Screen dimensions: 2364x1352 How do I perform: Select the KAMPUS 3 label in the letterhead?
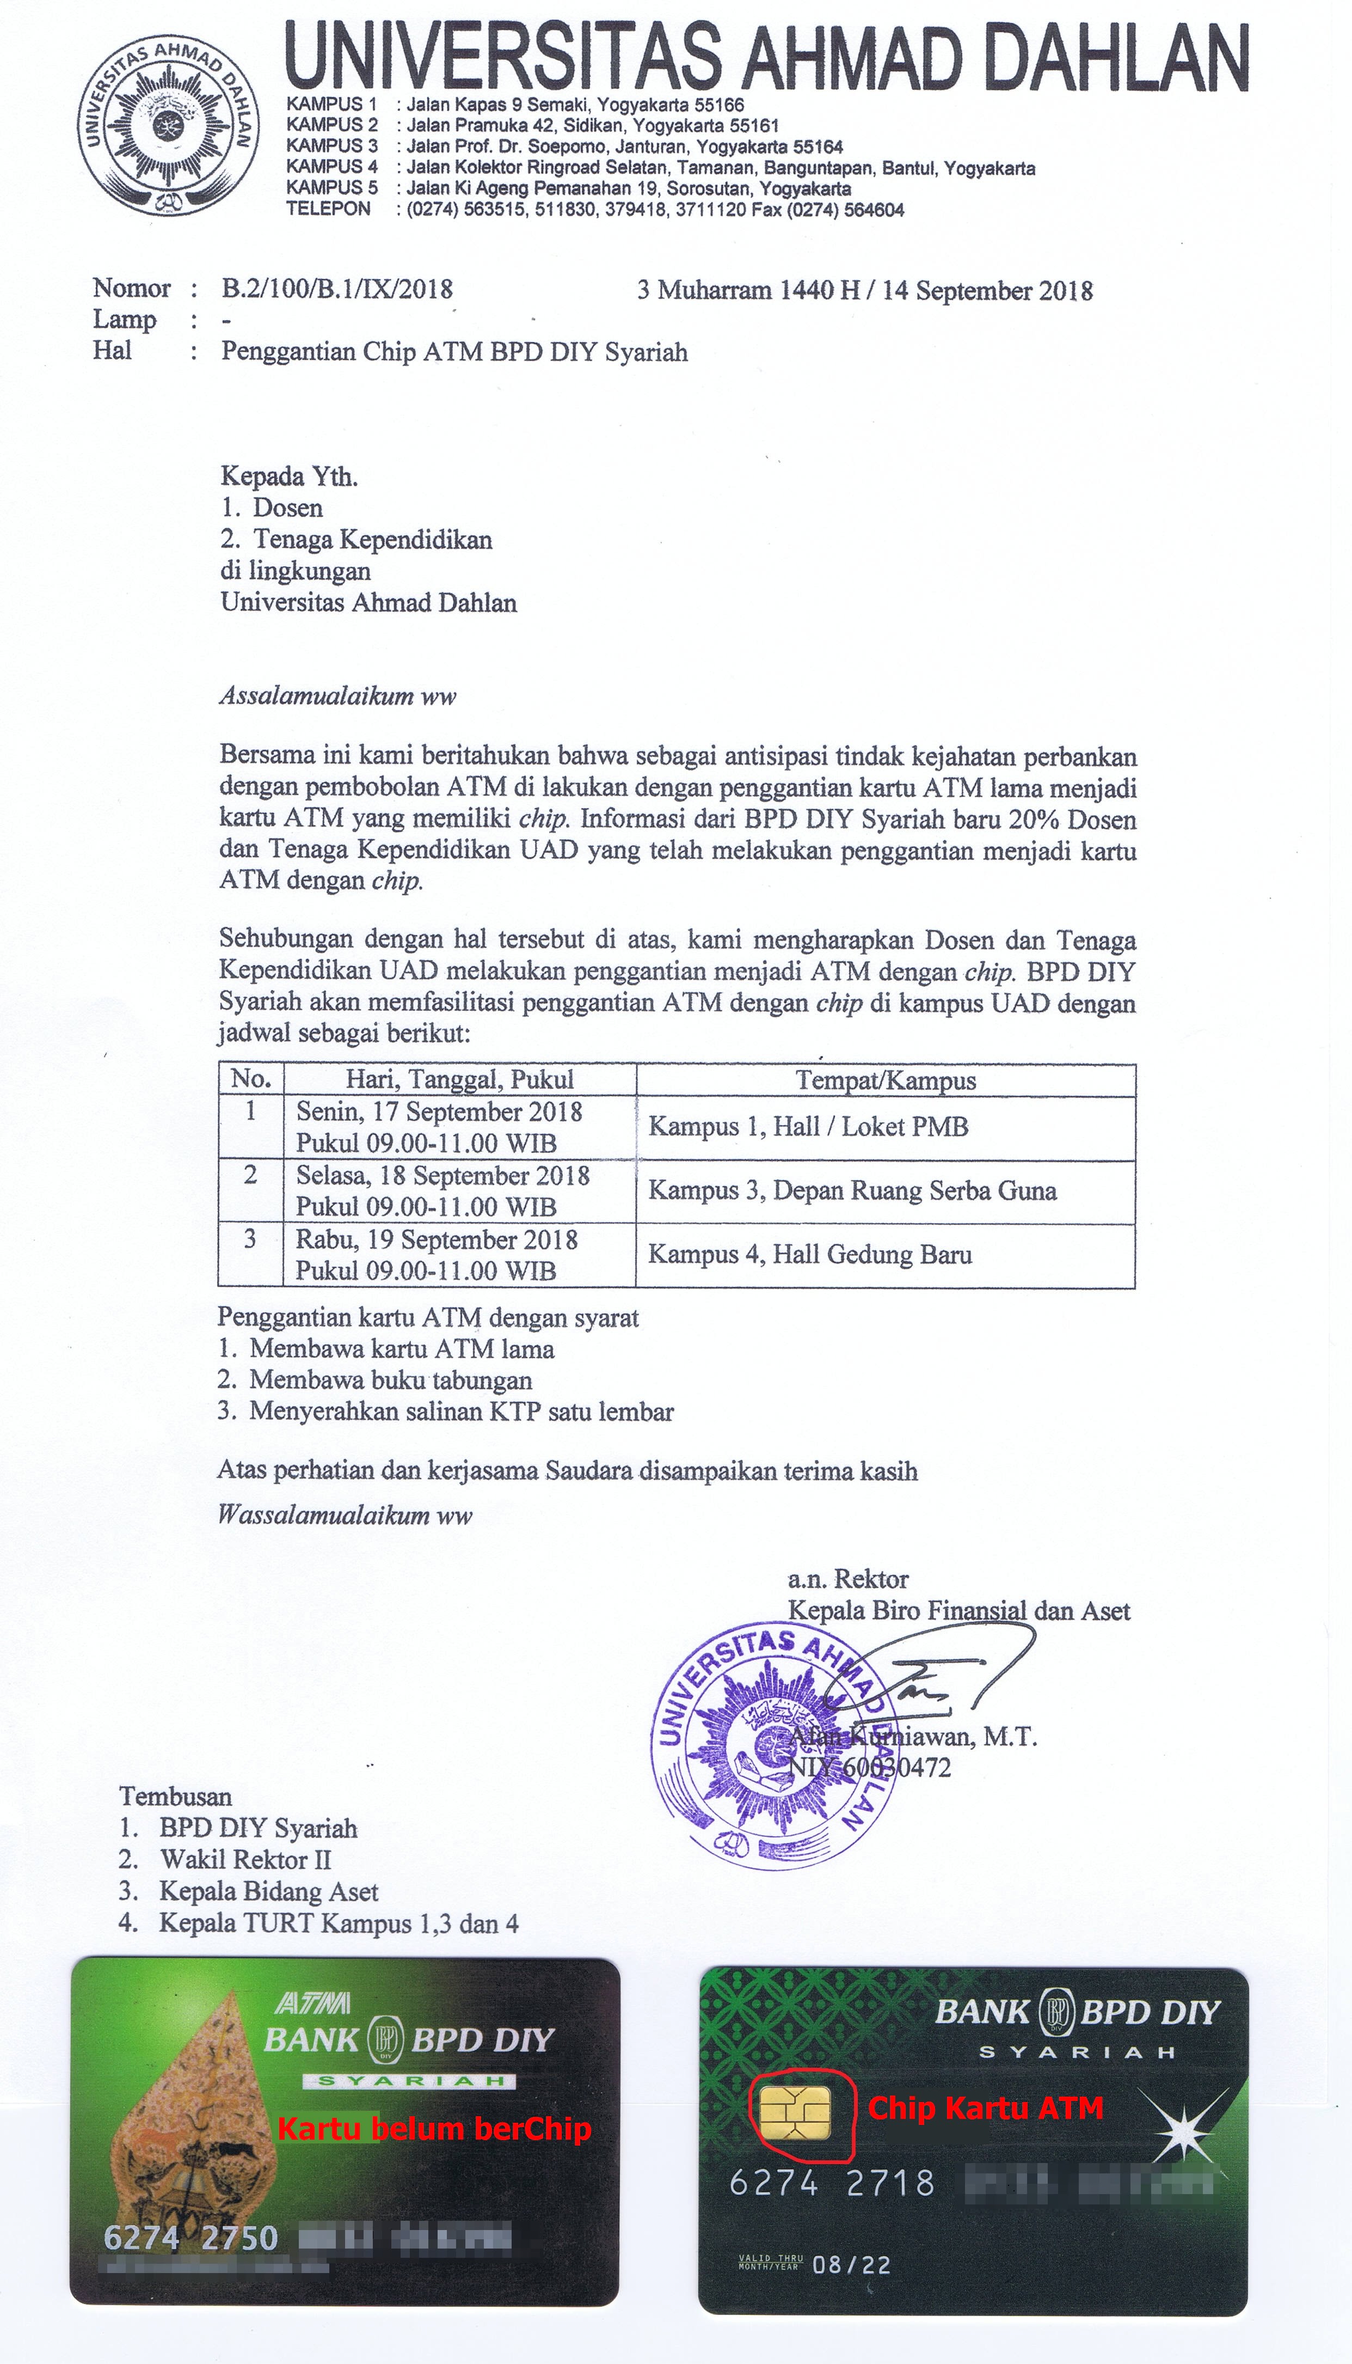tap(331, 146)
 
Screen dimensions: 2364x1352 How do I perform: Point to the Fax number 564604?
tap(873, 210)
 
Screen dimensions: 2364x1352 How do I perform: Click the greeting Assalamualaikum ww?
tap(337, 696)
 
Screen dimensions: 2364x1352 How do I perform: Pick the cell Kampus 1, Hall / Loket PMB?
tap(808, 1127)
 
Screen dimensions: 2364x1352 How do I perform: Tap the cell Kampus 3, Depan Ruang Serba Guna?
tap(851, 1191)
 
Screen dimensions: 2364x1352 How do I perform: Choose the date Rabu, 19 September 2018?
tap(437, 1240)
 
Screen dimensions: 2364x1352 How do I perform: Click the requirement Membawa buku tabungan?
tap(390, 1380)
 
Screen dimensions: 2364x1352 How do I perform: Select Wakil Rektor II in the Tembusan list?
tap(245, 1860)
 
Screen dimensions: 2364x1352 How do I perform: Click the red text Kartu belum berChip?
tap(434, 2128)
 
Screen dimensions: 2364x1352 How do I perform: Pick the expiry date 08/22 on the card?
tap(851, 2264)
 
